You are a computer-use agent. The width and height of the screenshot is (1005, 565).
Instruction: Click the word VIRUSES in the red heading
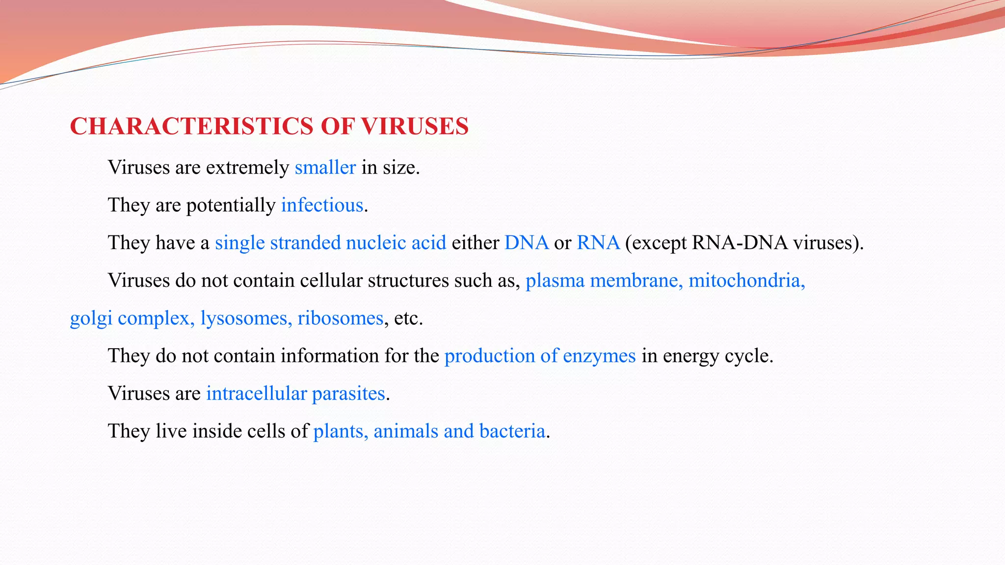[x=415, y=127]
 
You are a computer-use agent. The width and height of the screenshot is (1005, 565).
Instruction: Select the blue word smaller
[x=325, y=168]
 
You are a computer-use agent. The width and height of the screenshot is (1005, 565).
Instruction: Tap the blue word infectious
[x=322, y=205]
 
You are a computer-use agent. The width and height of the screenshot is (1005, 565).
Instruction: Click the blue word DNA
[x=526, y=243]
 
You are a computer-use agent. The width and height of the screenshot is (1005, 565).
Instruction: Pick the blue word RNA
[x=598, y=243]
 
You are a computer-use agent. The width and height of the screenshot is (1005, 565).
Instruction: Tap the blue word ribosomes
[x=340, y=318]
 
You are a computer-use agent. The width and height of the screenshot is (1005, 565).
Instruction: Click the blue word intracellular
[x=256, y=393]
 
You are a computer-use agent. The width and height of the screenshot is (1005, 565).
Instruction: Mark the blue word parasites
[x=348, y=394]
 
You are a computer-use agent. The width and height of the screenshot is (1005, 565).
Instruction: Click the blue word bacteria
[x=512, y=431]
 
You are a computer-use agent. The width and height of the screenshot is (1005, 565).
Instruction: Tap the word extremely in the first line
[x=247, y=168]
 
